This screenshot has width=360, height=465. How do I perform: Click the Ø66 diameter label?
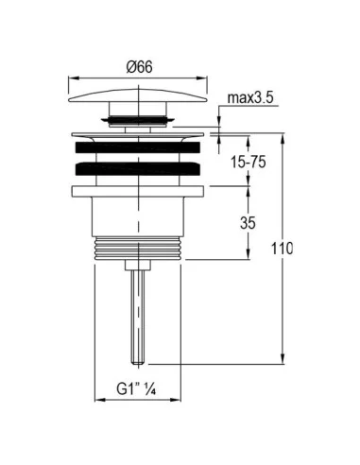[x=139, y=67]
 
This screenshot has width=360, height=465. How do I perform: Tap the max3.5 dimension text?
[x=250, y=98]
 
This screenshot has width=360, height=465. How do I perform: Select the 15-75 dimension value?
[x=249, y=162]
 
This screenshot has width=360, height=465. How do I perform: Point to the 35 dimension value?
[x=248, y=223]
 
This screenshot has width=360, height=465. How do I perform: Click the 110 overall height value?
[x=283, y=249]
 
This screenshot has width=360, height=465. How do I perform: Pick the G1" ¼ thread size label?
[x=136, y=388]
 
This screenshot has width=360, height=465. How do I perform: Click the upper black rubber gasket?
[x=138, y=147]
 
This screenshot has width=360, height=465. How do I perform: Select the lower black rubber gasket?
[x=138, y=168]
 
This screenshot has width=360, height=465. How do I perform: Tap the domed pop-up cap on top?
[x=138, y=95]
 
